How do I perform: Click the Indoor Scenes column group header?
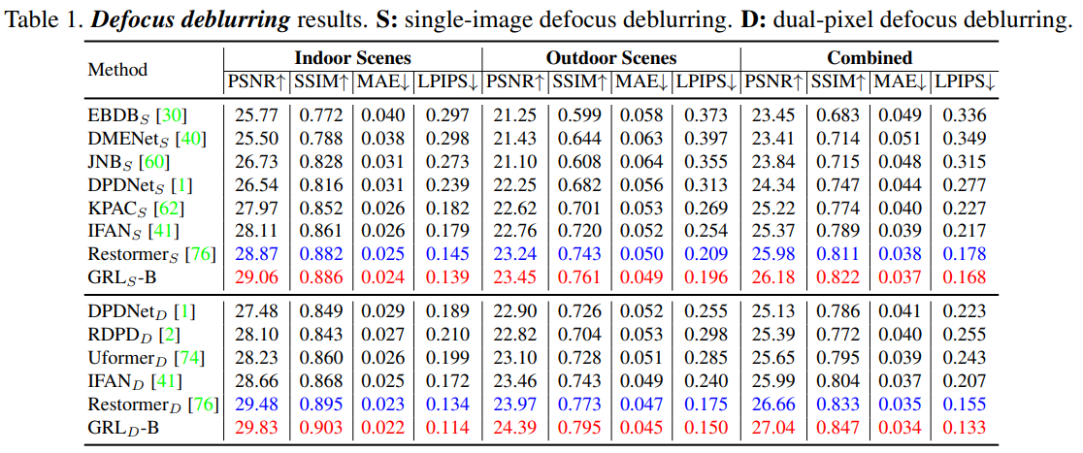click(352, 58)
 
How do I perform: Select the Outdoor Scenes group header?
click(611, 58)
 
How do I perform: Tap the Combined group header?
click(870, 58)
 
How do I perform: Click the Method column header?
click(117, 69)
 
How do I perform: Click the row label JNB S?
click(113, 161)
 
